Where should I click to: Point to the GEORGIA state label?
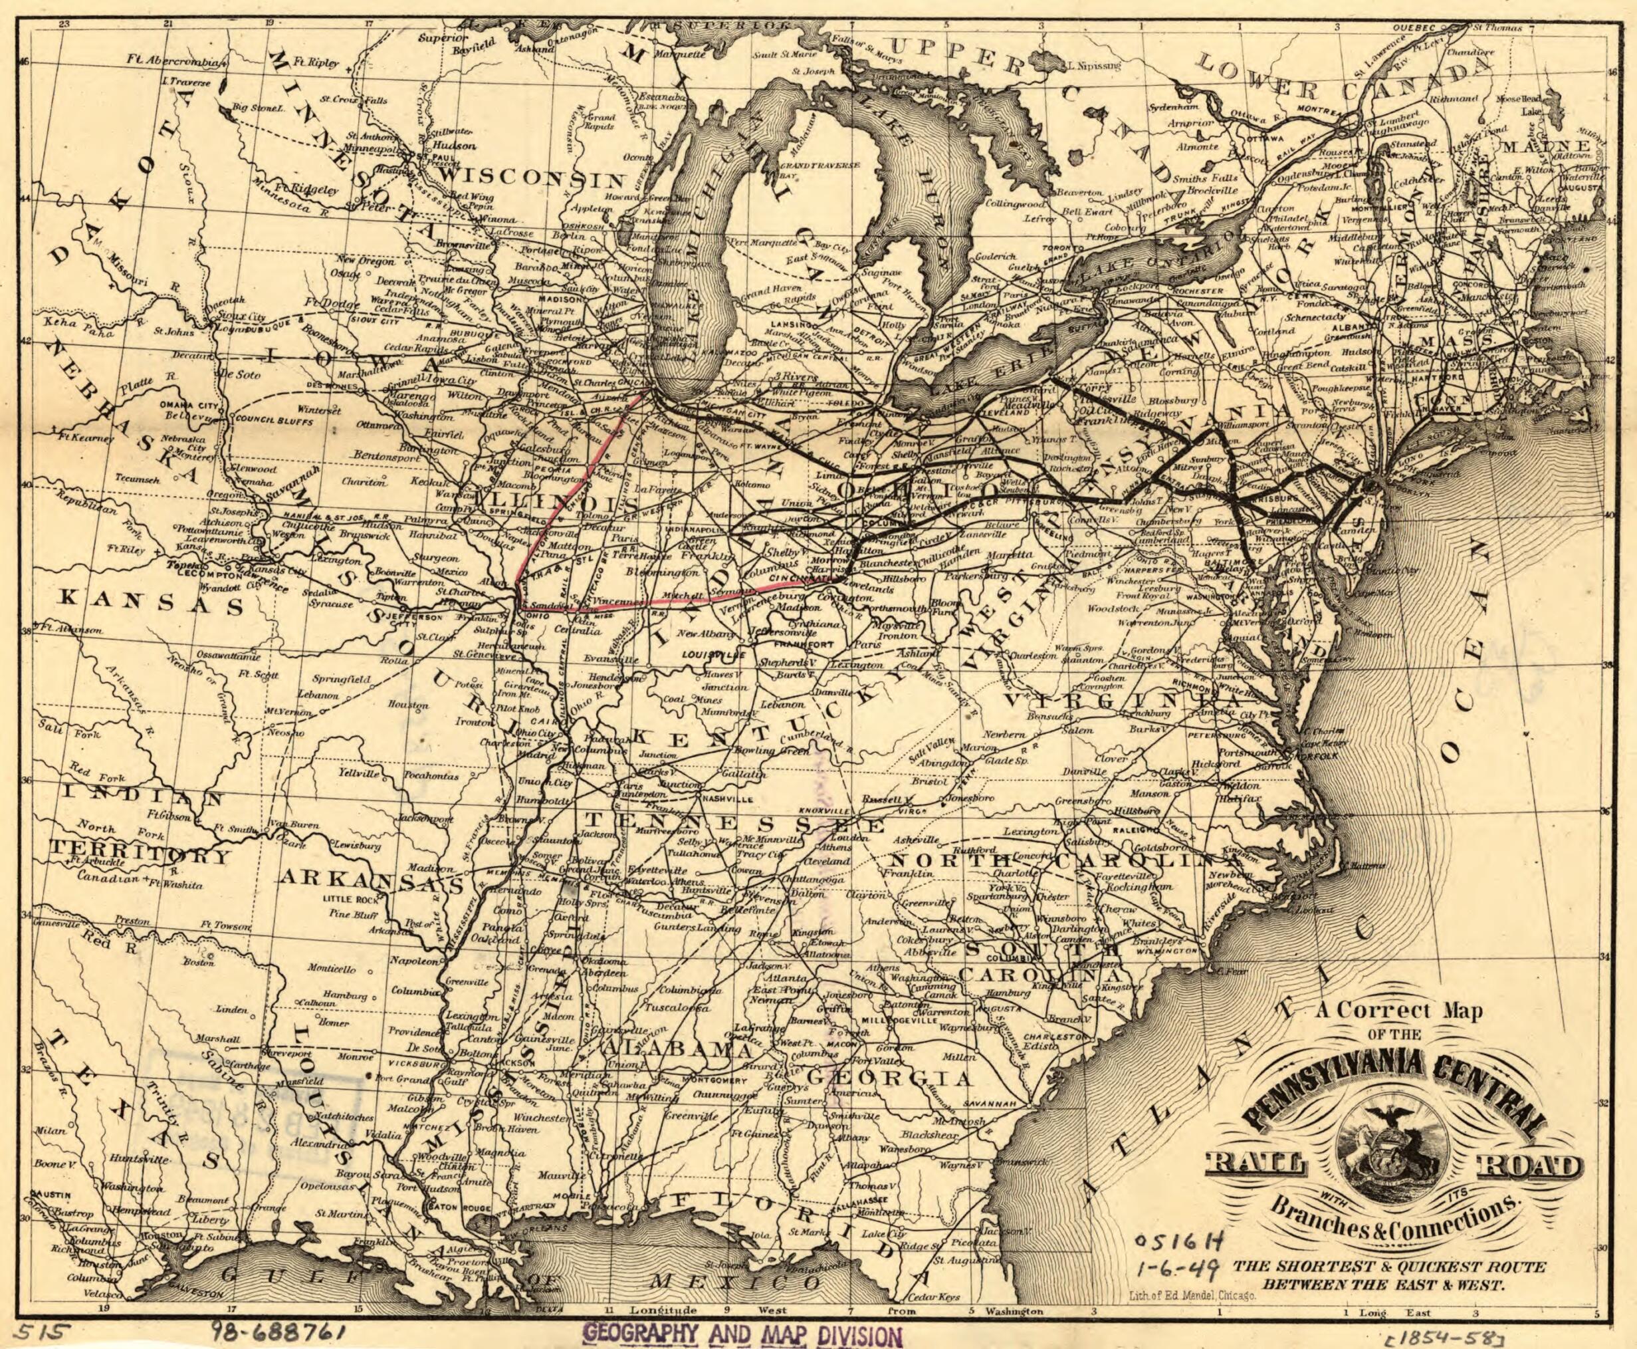[889, 1078]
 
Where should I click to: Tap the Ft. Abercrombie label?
[179, 62]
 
